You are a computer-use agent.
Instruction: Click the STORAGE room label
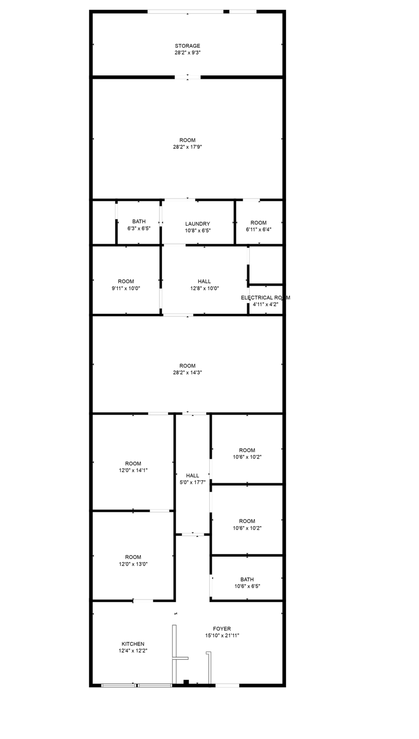coord(187,46)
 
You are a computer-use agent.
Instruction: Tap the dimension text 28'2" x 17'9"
coord(187,147)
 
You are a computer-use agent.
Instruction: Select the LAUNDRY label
coord(197,224)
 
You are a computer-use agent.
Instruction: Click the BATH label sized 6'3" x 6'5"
coord(139,221)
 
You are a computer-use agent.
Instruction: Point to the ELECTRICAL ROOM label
coord(265,298)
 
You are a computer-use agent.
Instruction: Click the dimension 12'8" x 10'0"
coord(204,288)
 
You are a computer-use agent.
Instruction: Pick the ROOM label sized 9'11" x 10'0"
coord(126,281)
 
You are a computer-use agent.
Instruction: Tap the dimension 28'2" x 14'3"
coord(187,372)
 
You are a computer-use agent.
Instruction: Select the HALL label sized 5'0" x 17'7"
coord(193,475)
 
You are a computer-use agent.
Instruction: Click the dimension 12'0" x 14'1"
coord(133,470)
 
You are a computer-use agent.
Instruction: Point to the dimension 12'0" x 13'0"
coord(133,564)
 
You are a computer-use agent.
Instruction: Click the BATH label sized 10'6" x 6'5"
coord(247,579)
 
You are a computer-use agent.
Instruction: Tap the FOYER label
coord(222,629)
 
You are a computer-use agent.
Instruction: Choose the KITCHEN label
coord(133,644)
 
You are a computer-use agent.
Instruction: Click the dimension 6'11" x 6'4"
coord(258,230)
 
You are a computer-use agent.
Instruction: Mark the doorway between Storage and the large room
coord(188,77)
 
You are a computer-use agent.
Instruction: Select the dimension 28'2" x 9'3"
coord(188,52)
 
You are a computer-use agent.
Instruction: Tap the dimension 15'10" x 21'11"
coord(222,636)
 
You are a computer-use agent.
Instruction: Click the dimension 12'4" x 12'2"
coord(133,651)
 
